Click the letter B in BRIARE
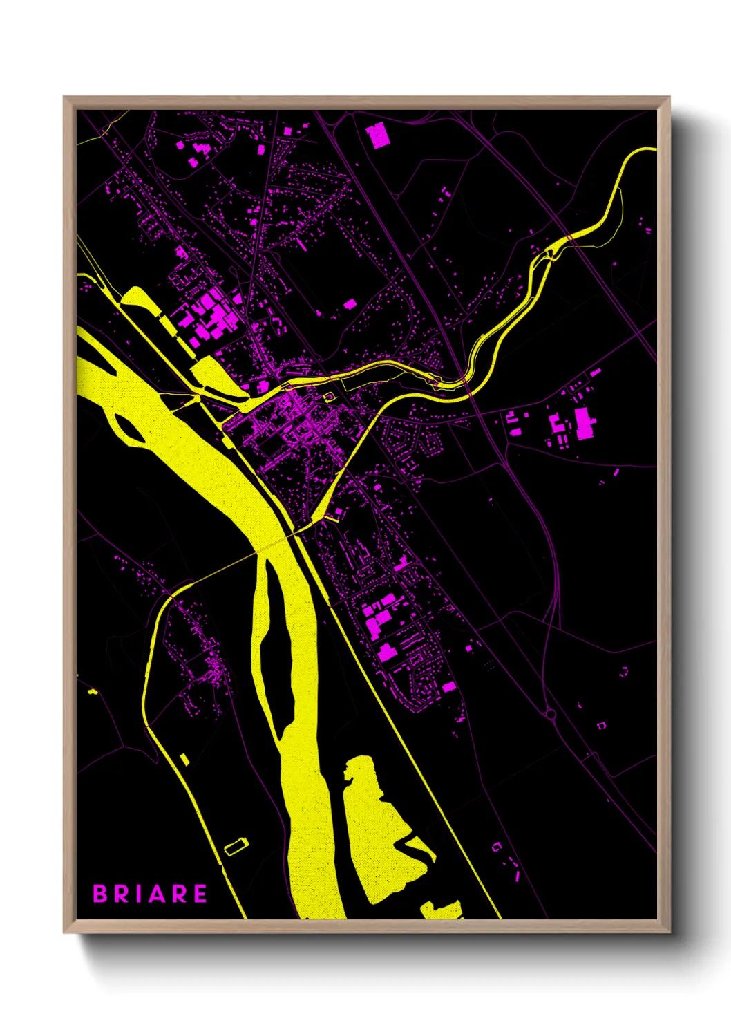coord(99,894)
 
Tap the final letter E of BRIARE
coord(200,894)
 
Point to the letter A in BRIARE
coord(158,894)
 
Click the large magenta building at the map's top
coord(377,135)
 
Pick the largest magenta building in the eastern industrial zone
coord(584,423)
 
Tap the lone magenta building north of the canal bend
coord(350,303)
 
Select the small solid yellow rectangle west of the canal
coord(184,759)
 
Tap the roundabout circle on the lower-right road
coord(551,714)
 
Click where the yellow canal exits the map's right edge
coord(652,149)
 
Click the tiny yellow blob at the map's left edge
coord(92,691)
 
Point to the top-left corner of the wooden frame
coord(65,98)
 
